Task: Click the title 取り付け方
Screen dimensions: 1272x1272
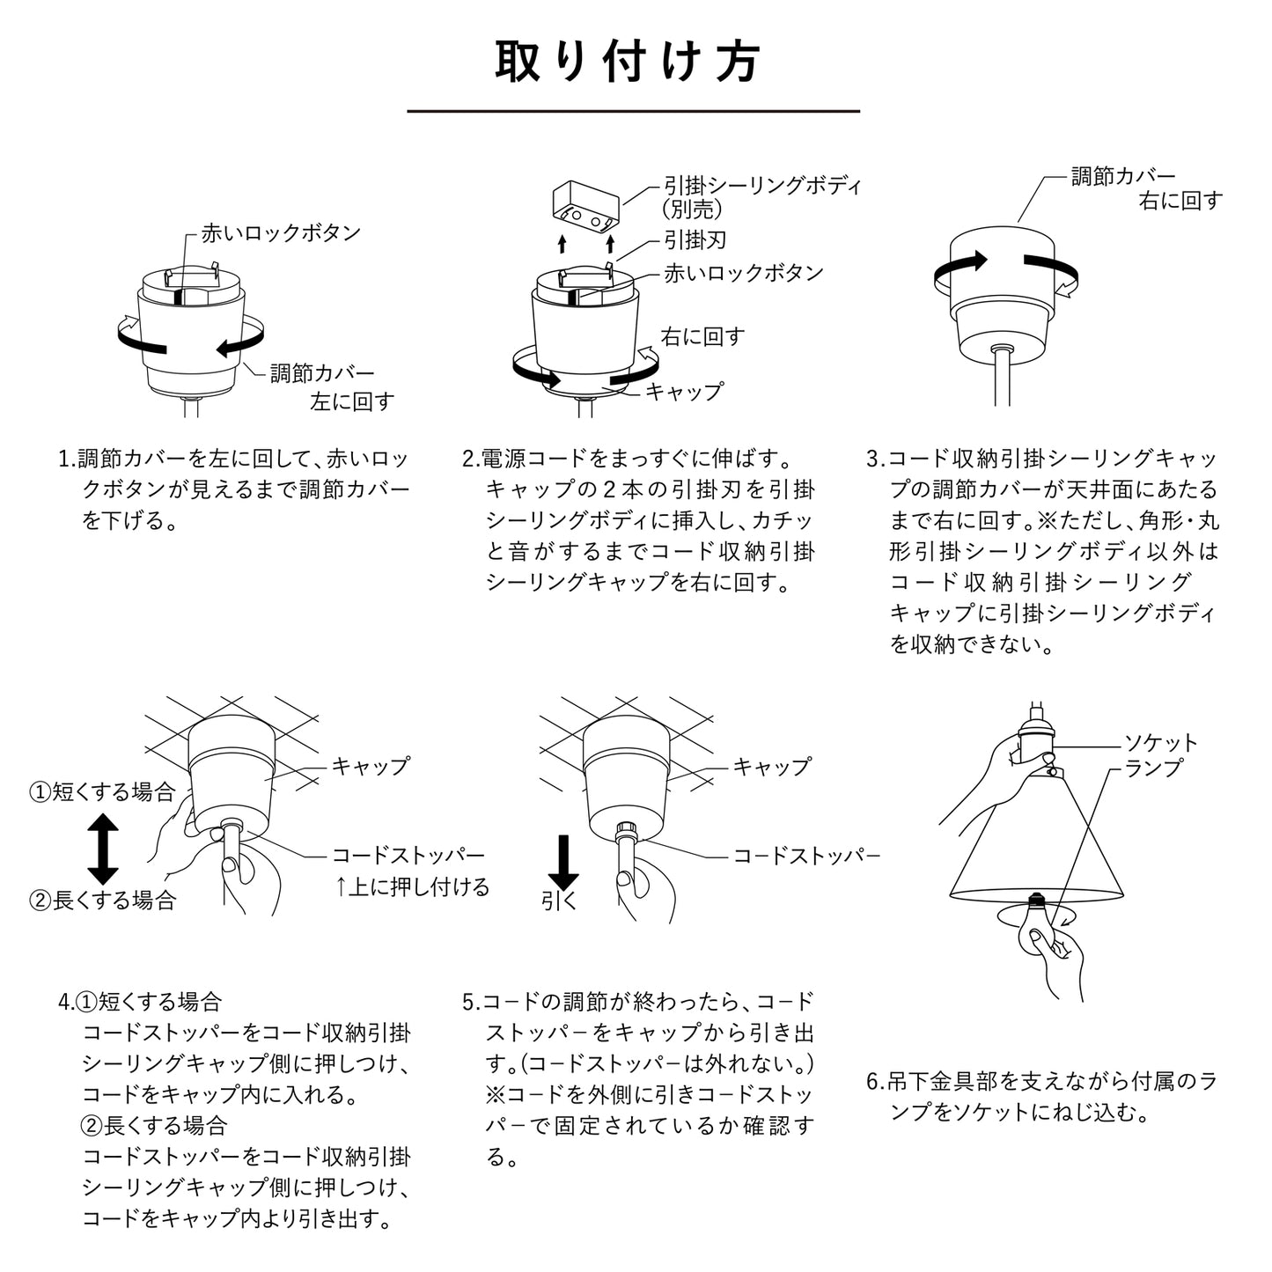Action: (627, 62)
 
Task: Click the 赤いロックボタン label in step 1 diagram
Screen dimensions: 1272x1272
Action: (281, 233)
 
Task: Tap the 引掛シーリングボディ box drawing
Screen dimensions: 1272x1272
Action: (585, 208)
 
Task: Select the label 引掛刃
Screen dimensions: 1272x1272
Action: (695, 240)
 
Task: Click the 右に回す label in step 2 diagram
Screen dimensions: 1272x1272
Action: (702, 336)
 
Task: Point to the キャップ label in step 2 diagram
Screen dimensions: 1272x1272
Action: (684, 391)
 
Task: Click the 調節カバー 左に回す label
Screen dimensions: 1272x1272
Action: (331, 387)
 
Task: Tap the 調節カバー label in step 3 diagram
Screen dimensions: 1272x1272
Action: (1122, 176)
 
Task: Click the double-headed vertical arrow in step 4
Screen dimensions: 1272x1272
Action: (103, 849)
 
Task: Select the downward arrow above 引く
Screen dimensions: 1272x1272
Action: (563, 863)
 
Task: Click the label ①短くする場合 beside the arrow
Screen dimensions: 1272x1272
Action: (103, 791)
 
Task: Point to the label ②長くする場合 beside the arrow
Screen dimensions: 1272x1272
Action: (103, 901)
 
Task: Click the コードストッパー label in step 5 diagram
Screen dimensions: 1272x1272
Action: (806, 855)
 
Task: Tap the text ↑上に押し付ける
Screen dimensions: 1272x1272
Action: (411, 886)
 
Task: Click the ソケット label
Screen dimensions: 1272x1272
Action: (1161, 743)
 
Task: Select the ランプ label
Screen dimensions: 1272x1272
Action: (1153, 768)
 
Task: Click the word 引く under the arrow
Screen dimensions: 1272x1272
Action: (559, 901)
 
